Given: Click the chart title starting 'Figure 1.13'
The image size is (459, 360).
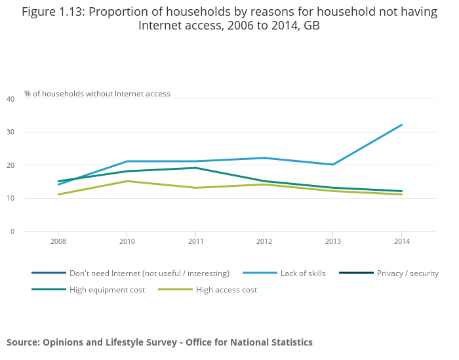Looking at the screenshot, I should click(229, 18).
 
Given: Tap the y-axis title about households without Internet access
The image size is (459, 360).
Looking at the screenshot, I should click(97, 94).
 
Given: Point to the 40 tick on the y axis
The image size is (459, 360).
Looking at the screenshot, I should click(10, 99).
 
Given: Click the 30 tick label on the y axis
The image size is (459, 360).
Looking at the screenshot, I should click(10, 132).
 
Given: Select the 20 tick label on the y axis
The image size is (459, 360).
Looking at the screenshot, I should click(10, 165).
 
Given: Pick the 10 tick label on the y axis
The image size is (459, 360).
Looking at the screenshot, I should click(10, 198).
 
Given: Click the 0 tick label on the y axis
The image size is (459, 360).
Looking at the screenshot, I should click(12, 231).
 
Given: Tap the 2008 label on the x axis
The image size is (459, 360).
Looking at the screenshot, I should click(58, 241).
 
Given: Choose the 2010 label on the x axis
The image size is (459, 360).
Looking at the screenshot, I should click(127, 241).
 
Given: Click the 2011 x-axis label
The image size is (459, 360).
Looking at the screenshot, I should click(195, 241).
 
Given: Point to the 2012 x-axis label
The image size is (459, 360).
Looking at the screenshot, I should click(264, 241).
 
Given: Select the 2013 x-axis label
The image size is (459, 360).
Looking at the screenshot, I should click(333, 241).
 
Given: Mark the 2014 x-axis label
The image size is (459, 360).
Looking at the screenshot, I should click(401, 241).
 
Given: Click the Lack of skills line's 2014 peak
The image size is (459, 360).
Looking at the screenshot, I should click(401, 125).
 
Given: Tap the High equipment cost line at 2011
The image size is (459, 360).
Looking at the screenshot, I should click(195, 168).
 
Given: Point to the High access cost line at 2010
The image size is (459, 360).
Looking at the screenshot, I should click(127, 181).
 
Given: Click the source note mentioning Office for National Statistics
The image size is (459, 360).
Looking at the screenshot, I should click(159, 342).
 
